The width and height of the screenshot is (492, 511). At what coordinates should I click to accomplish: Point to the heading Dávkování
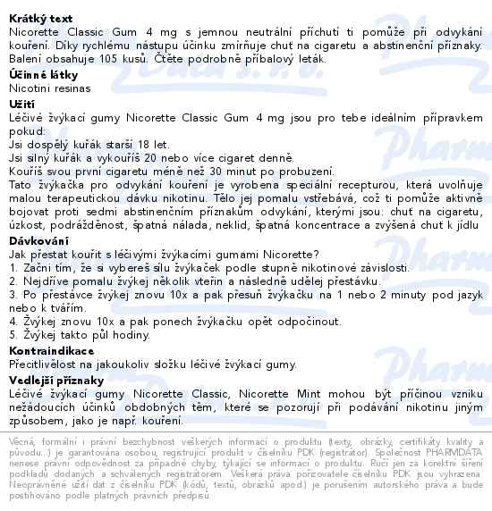32,241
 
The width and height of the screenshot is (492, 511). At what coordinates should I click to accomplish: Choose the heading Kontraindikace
46,351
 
